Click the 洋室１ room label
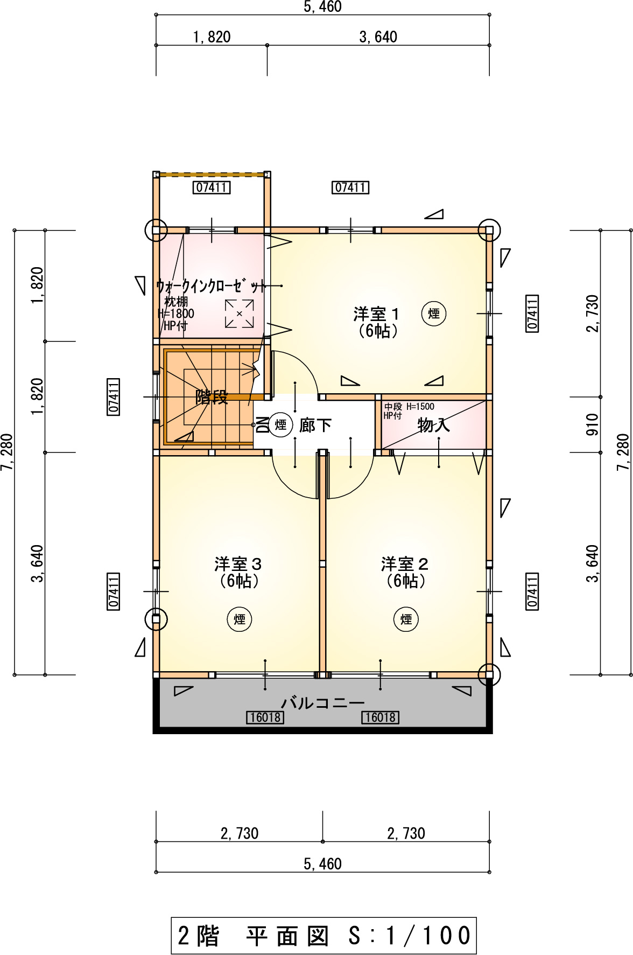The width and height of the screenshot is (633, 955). click(376, 313)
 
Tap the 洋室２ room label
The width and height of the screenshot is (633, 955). click(405, 564)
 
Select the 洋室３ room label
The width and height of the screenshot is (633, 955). click(238, 564)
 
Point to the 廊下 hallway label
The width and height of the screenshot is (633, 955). click(315, 425)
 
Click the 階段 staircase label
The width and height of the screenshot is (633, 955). click(212, 397)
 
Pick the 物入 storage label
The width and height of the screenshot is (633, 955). click(434, 425)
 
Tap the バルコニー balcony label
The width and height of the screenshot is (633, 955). click(323, 703)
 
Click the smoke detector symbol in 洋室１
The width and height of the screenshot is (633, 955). click(434, 313)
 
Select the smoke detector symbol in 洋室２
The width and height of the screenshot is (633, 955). click(406, 619)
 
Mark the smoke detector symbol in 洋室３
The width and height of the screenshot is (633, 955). click(240, 619)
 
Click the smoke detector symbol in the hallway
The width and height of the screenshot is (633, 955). click(280, 425)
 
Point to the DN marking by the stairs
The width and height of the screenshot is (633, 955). click(262, 425)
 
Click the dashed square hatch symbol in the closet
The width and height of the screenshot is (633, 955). click(240, 313)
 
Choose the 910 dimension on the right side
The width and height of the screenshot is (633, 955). click(592, 424)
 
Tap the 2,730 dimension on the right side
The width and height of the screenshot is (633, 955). click(592, 313)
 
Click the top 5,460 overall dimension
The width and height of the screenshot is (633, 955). click(323, 6)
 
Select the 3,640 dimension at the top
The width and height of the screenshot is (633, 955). click(378, 37)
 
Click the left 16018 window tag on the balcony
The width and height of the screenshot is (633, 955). click(265, 717)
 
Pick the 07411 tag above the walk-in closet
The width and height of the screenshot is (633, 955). click(212, 187)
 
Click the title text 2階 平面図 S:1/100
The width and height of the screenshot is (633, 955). click(324, 936)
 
